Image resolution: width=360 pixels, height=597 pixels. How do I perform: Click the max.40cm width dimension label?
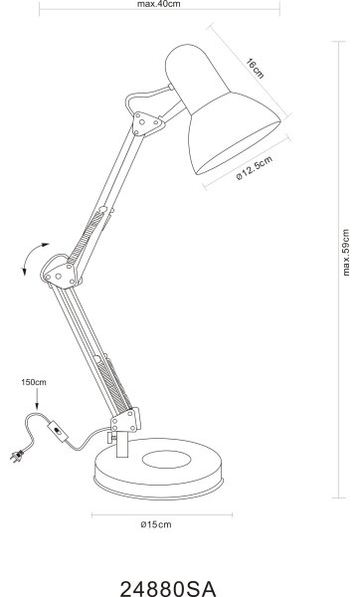coord(159,4)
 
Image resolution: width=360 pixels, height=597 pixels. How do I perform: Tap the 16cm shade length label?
coord(255,69)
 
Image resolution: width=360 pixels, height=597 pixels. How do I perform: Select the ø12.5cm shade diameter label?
coord(255,168)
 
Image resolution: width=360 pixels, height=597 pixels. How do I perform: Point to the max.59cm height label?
coord(345,252)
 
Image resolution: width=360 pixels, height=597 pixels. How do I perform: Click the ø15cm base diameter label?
coord(156,524)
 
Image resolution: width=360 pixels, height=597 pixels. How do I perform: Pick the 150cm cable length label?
coord(34,382)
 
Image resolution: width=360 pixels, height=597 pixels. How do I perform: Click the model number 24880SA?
coord(168,588)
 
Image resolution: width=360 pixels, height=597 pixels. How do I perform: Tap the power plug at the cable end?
coord(17,456)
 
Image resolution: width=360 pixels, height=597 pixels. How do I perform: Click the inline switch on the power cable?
coord(58,431)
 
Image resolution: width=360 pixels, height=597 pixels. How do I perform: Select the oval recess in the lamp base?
coord(166,460)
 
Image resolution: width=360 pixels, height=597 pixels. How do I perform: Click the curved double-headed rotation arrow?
coord(31,256)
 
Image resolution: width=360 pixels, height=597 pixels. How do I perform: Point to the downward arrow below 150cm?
coord(37,399)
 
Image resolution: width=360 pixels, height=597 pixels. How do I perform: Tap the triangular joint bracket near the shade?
coord(147,123)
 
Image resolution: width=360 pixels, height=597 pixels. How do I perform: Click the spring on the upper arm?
coord(86,237)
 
